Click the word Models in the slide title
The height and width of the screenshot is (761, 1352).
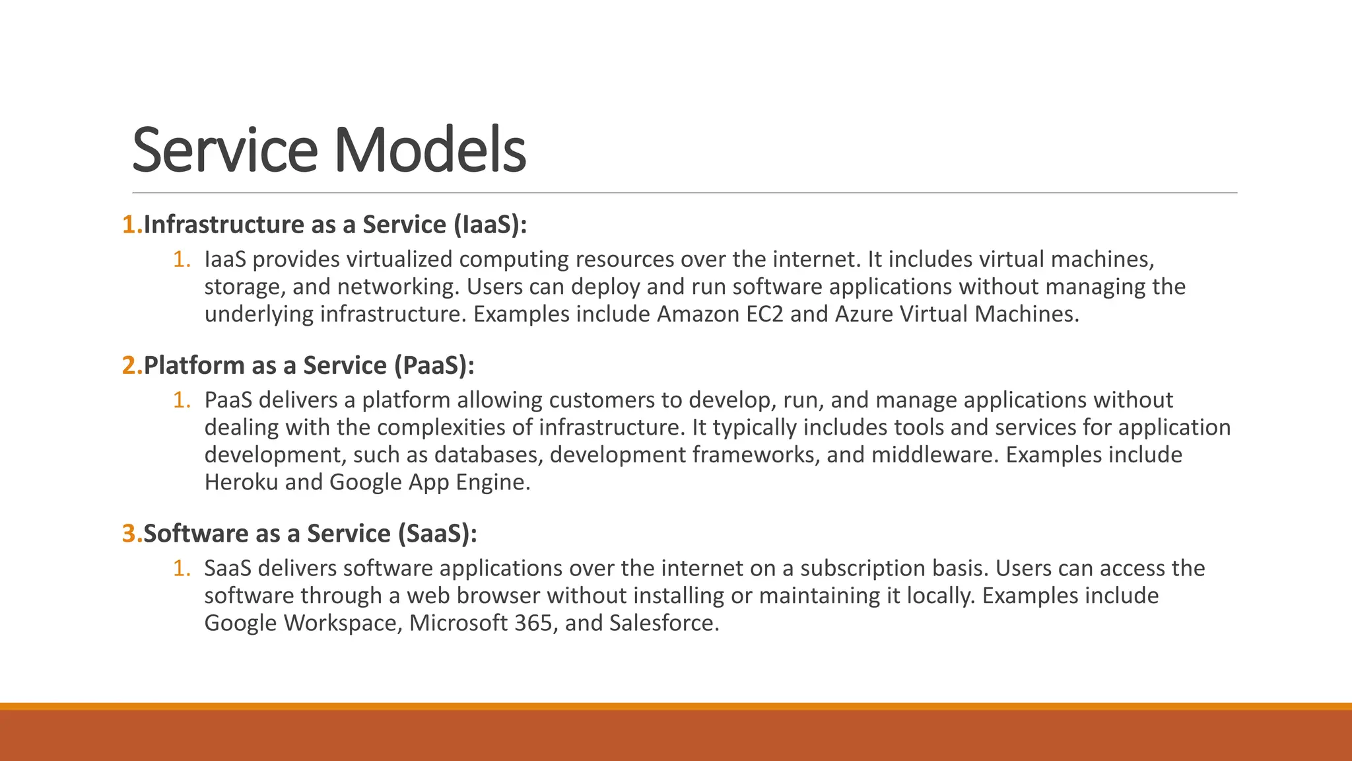pyautogui.click(x=430, y=150)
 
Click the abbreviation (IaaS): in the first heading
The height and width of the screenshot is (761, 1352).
pyautogui.click(x=490, y=225)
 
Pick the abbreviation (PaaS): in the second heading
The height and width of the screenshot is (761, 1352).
pyautogui.click(x=434, y=365)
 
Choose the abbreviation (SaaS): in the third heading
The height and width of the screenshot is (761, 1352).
pyautogui.click(x=437, y=534)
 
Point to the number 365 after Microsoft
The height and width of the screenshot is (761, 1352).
pyautogui.click(x=533, y=623)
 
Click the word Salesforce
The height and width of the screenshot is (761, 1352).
pyautogui.click(x=663, y=623)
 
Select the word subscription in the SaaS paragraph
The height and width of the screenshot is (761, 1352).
pyautogui.click(x=863, y=569)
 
